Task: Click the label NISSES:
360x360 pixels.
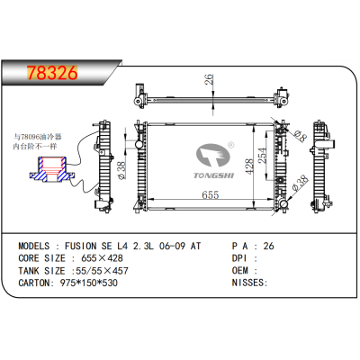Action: pyautogui.click(x=250, y=282)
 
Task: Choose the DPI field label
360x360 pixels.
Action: pyautogui.click(x=242, y=256)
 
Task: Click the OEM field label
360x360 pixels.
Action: pyautogui.click(x=242, y=269)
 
